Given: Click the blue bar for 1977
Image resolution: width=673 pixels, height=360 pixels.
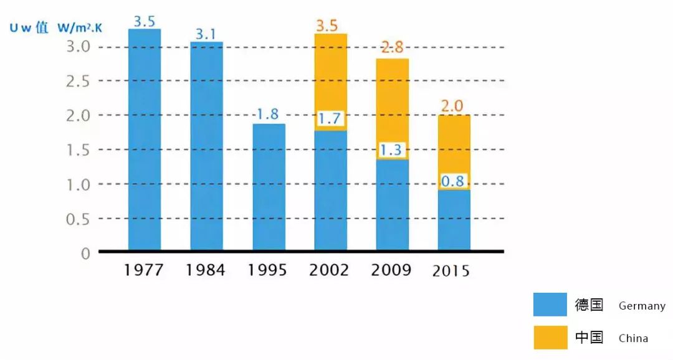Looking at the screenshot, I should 145,140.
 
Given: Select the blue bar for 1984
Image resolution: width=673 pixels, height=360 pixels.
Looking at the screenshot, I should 206,146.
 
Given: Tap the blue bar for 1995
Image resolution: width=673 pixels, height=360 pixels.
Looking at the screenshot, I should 269,187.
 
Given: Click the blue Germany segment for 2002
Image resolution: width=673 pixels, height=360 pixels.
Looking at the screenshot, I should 331,190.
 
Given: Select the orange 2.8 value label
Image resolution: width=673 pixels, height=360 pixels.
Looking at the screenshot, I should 393,47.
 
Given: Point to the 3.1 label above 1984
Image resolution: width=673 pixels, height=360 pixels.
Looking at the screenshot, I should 206,34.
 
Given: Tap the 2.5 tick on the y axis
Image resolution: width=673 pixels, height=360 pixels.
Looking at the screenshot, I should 79,81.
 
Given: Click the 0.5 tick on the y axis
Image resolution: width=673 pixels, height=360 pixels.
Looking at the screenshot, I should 79,219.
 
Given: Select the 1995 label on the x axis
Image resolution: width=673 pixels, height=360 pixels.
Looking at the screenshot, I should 267,270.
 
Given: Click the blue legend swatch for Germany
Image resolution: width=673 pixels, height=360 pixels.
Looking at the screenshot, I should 550,305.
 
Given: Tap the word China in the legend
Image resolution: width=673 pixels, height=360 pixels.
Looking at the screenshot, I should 633,339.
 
